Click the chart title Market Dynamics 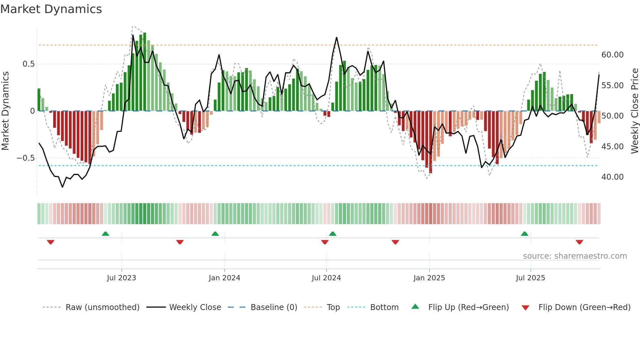pyautogui.click(x=51, y=9)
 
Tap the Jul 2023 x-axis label pyautogui.click(x=121, y=278)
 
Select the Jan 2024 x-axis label pyautogui.click(x=224, y=278)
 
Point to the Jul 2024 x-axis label pyautogui.click(x=326, y=278)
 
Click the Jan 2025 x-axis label pyautogui.click(x=429, y=278)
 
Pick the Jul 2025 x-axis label pyautogui.click(x=530, y=278)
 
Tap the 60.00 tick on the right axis pyautogui.click(x=612, y=55)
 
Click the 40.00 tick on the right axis pyautogui.click(x=612, y=177)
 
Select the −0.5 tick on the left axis pyautogui.click(x=25, y=158)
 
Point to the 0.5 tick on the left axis pyautogui.click(x=28, y=64)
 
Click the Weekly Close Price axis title pyautogui.click(x=634, y=111)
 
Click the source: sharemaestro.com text pyautogui.click(x=575, y=256)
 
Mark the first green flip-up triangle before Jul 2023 pyautogui.click(x=105, y=234)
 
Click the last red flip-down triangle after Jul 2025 pyautogui.click(x=579, y=242)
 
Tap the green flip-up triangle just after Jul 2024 pyautogui.click(x=332, y=234)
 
